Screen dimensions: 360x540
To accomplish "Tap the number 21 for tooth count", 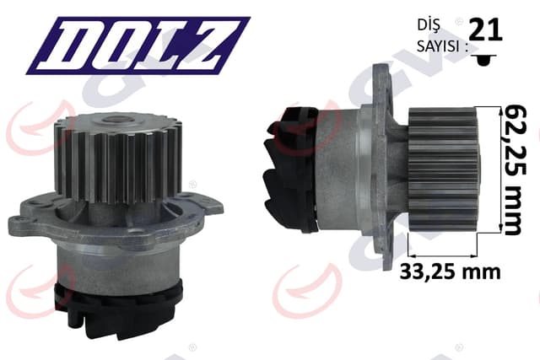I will point(485,30).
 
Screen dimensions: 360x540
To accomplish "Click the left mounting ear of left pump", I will point(25,223).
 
